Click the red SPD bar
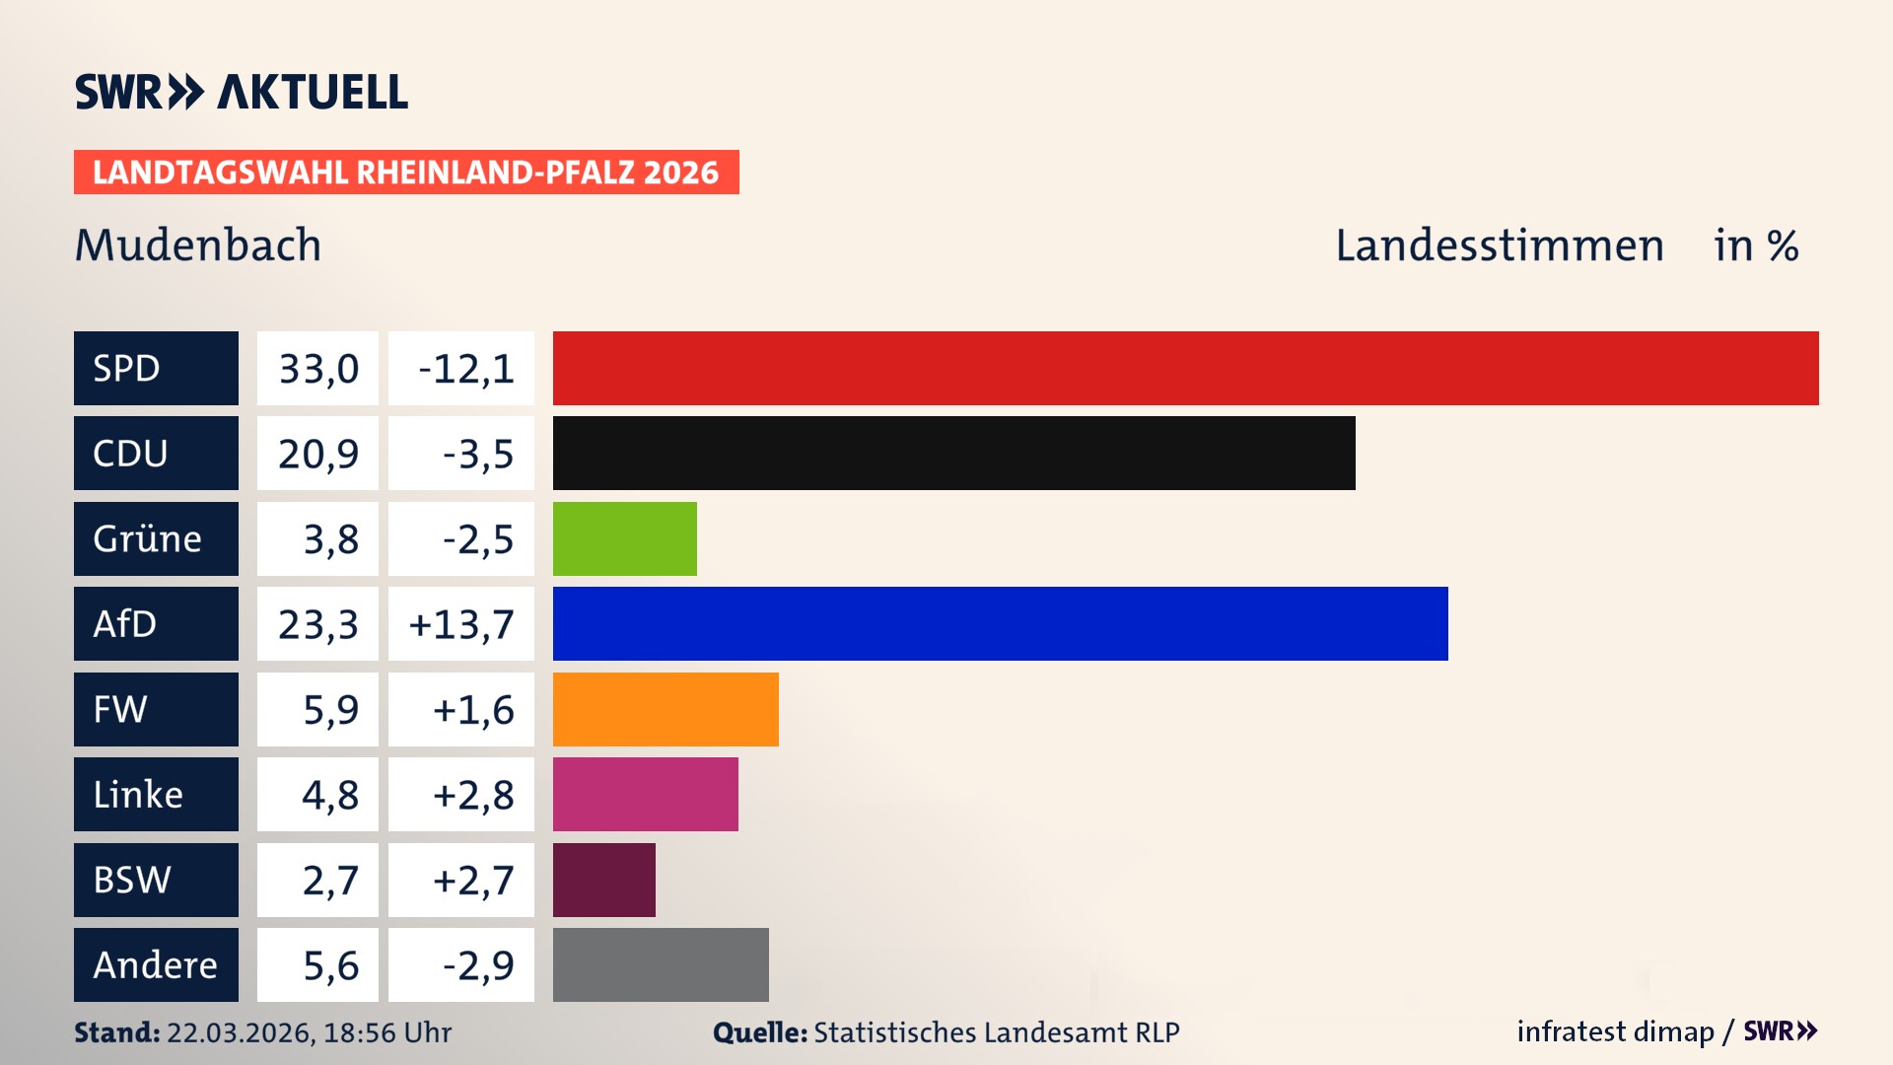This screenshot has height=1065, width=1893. pos(1185,368)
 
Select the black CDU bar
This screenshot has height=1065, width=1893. pos(953,453)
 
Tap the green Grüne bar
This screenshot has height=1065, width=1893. pos(624,538)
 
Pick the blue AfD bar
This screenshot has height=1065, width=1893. pos(1000,623)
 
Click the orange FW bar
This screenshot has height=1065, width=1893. pos(666,709)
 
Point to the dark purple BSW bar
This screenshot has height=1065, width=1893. pos(603,880)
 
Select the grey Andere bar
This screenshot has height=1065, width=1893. pos(661,964)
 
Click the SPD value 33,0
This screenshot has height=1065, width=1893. pos(317,369)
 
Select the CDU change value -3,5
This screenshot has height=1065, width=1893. pos(477,454)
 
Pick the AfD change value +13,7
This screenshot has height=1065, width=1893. pos(461,624)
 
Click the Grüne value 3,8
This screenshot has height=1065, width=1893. pos(330,539)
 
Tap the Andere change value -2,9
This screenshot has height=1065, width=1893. pos(477,965)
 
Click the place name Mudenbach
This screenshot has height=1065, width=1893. pos(198,245)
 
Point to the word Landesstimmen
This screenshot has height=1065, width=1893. pos(1499,245)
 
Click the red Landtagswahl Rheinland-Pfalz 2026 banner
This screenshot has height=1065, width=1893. pos(406,172)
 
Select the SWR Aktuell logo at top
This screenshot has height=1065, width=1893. pos(241,92)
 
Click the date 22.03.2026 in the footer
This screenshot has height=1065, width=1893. pos(240,1032)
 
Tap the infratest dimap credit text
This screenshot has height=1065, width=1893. pos(1614,1031)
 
